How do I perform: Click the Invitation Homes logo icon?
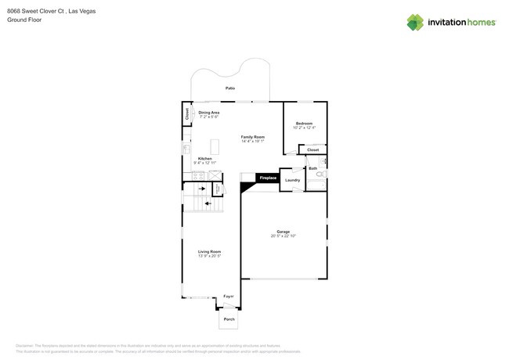pos(415,22)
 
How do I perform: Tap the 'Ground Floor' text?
pos(23,20)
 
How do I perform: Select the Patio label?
pos(230,88)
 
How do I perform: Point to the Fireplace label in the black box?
pos(268,178)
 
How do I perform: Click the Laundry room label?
pos(292,180)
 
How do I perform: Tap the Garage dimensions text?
pos(283,236)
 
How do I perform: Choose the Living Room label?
pos(209,251)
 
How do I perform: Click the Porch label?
pos(229,319)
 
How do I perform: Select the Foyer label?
pos(229,297)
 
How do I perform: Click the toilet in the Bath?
pos(320,175)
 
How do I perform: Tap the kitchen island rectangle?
pos(215,146)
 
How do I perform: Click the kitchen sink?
pos(186,148)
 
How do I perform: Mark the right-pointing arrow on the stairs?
pos(201,189)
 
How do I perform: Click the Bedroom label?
pos(304,123)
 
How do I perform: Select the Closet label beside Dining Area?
pos(187,113)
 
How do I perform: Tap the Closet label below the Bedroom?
pos(312,149)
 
